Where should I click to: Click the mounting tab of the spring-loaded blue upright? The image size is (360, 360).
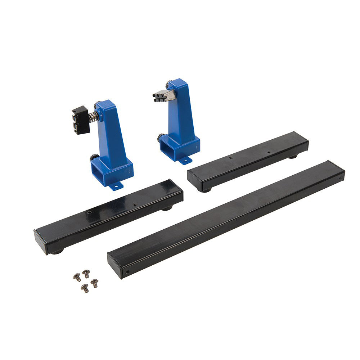[x=116, y=186]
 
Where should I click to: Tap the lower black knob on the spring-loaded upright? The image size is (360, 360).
[x=95, y=158]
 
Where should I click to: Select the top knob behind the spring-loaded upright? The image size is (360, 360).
[x=98, y=106]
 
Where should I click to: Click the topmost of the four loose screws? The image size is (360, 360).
[x=86, y=273]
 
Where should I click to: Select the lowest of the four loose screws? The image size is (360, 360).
[x=85, y=288]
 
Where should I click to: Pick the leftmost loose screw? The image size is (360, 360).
[x=77, y=277]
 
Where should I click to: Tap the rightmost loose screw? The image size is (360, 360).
[x=94, y=283]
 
